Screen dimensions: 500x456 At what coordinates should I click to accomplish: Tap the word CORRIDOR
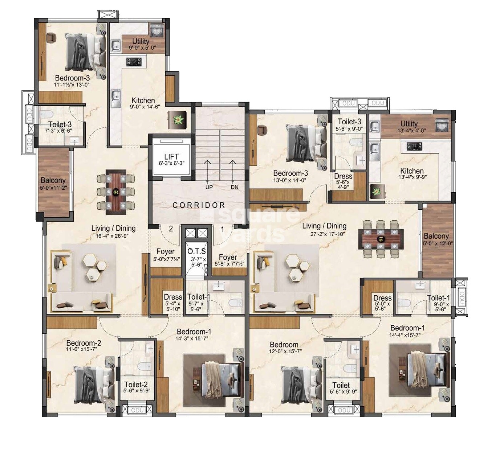point(199,205)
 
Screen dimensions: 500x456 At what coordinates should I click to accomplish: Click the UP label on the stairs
point(209,187)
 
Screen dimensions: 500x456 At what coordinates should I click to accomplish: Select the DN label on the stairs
point(235,187)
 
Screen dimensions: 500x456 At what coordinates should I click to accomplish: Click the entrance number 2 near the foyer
point(171,229)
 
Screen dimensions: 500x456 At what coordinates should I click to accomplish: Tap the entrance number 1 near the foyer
point(222,229)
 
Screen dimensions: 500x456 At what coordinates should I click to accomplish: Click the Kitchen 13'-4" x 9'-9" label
point(412,174)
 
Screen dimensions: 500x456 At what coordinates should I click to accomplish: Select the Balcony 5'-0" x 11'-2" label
point(53,183)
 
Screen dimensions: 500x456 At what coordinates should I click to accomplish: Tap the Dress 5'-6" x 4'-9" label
point(343,181)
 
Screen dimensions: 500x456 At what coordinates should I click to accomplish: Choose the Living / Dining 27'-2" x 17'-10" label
point(324,229)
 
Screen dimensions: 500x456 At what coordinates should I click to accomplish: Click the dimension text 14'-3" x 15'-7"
point(192,338)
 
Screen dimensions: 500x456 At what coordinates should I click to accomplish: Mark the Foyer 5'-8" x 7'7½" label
point(228,260)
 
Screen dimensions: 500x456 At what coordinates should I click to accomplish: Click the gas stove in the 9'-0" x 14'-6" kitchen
point(134,62)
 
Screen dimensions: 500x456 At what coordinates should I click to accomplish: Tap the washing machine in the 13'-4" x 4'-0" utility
point(442,125)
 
